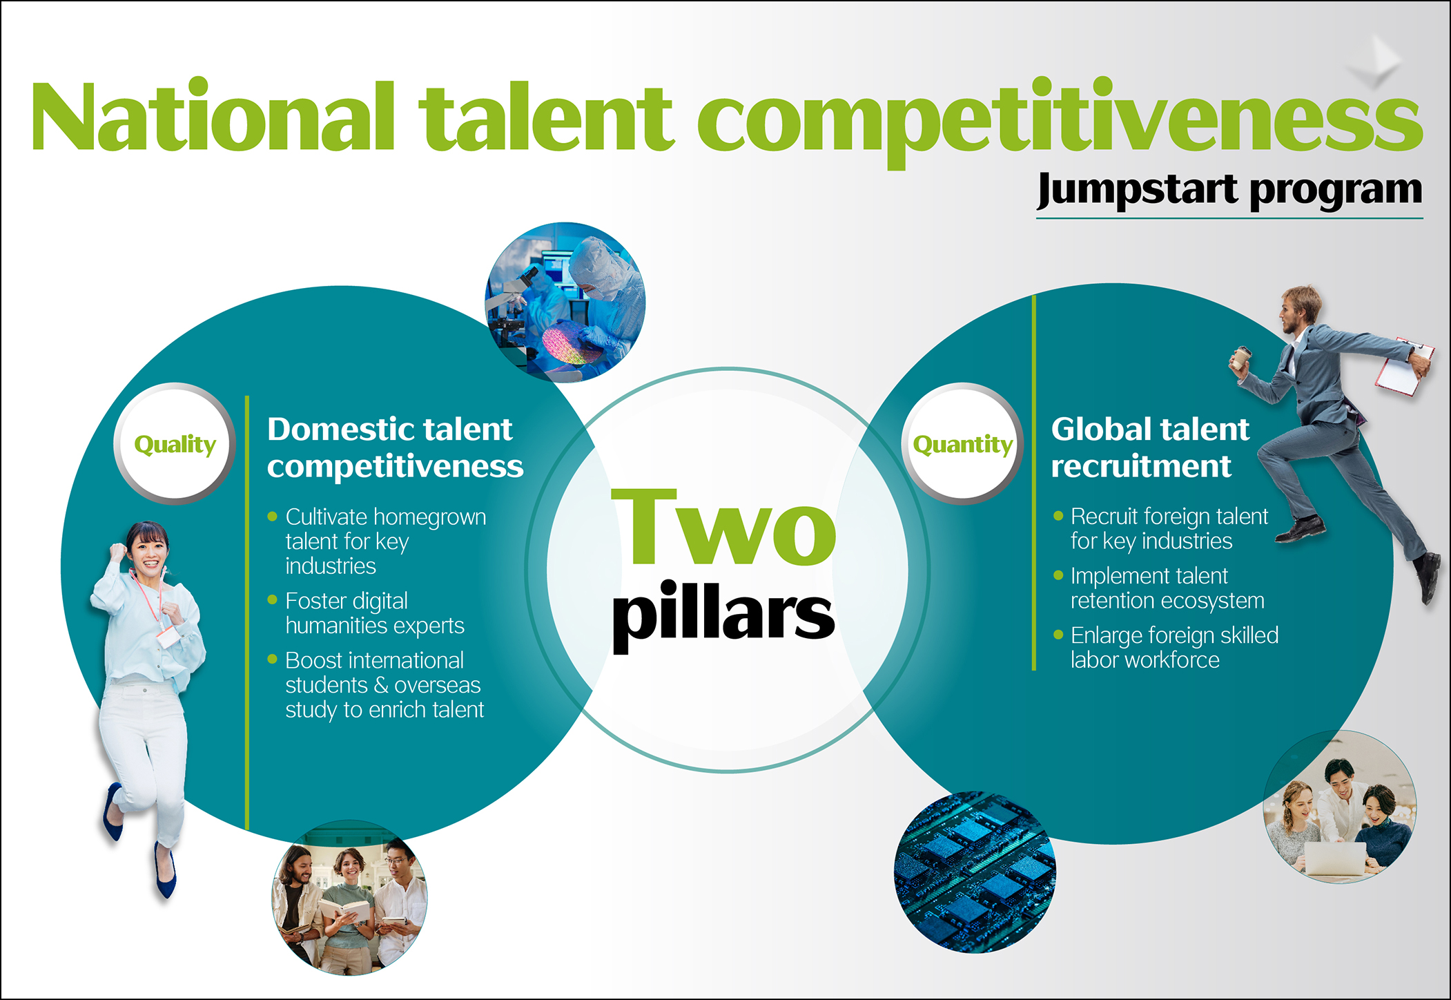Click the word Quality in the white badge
coord(175,445)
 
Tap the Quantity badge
coord(962,444)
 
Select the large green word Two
coord(723,528)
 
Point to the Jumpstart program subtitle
coord(1229,190)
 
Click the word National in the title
coord(213,115)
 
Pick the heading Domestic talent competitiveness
coord(395,448)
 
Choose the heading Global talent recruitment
coord(1150,448)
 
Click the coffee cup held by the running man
coord(1241,357)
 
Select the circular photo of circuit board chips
coord(975,872)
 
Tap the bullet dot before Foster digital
coord(272,600)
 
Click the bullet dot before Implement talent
coord(1058,575)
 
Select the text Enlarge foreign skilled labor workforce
coord(1174,648)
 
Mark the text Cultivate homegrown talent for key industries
coord(386,541)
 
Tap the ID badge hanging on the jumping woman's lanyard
coord(167,637)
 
